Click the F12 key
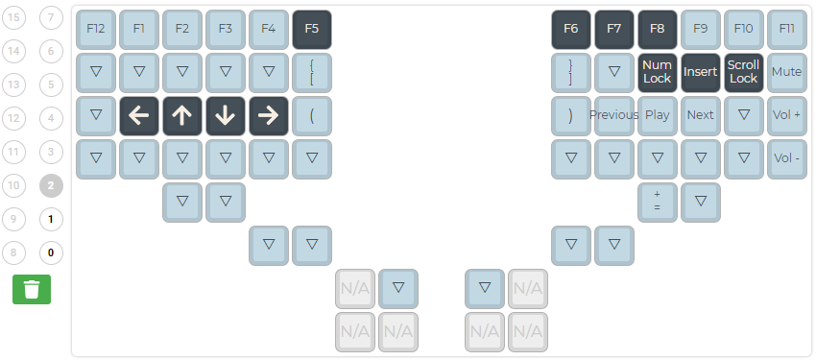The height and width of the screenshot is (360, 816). [x=95, y=29]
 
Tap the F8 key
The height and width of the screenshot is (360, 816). [x=657, y=29]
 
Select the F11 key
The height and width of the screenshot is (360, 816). [x=786, y=29]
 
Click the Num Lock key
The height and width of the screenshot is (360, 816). [x=657, y=72]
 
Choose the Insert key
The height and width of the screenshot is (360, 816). [x=700, y=72]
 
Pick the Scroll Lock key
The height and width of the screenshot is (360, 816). [x=743, y=72]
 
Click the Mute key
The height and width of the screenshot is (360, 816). [x=786, y=72]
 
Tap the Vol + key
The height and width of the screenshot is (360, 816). [x=786, y=115]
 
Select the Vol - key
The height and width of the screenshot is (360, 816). [x=786, y=158]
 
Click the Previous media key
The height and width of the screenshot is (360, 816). [x=613, y=115]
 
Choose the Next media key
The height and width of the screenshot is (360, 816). [x=700, y=115]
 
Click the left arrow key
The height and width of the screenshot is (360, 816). [x=138, y=115]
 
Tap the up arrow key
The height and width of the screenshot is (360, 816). [x=181, y=115]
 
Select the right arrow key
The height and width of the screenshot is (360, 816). [x=268, y=115]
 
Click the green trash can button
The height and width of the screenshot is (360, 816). [x=32, y=289]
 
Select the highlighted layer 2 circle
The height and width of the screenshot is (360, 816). [x=51, y=186]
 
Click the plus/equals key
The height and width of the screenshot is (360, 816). [x=657, y=202]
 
